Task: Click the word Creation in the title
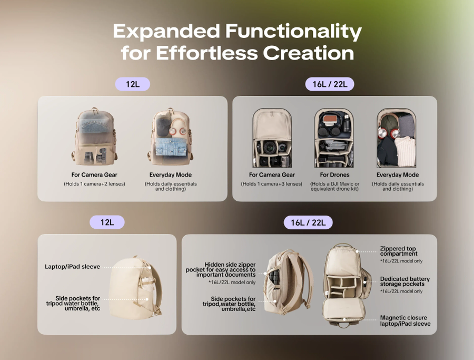point(309,53)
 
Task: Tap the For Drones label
point(334,175)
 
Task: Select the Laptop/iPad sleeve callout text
point(72,267)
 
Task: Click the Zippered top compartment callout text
point(399,251)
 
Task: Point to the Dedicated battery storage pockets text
point(405,281)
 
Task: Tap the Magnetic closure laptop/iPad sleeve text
point(405,320)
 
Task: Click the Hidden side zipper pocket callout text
point(221,269)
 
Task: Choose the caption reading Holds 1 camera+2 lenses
point(94,184)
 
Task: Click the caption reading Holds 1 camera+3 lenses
point(271,184)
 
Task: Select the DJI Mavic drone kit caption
point(334,187)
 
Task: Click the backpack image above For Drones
point(334,138)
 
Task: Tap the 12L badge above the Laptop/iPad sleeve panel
point(107,222)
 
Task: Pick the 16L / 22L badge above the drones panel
point(330,84)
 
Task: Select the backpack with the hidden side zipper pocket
point(288,281)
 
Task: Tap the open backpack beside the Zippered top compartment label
point(345,285)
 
